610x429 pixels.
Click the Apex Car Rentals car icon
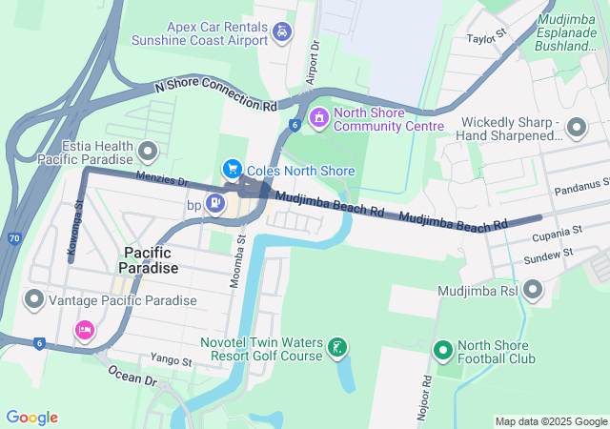[x=281, y=33]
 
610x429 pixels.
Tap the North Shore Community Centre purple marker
[x=318, y=117]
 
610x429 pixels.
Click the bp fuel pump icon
[x=216, y=202]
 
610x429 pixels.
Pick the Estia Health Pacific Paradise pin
[x=148, y=151]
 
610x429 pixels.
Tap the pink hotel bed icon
[x=85, y=330]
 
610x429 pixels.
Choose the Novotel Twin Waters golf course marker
[x=336, y=349]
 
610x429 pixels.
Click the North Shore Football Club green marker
[x=442, y=351]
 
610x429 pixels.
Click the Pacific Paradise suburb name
[x=149, y=260]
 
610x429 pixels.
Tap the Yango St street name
[x=172, y=360]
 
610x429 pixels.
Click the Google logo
[x=31, y=417]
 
